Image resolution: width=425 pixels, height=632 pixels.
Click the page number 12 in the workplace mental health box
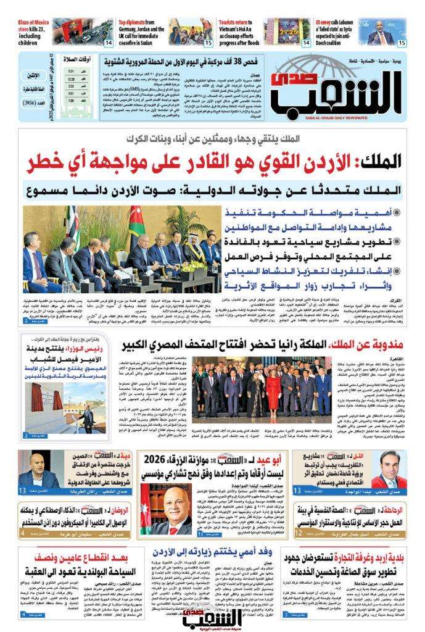click(299, 530)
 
